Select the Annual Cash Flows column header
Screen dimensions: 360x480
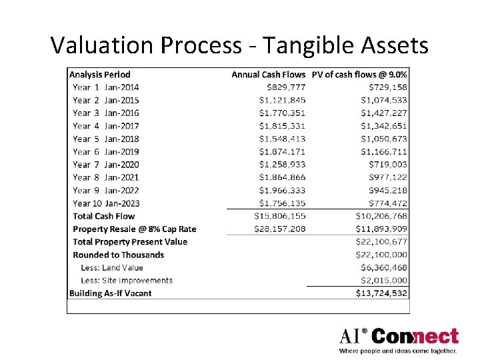(268, 75)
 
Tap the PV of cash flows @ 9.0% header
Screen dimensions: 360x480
(359, 75)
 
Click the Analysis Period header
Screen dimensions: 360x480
(100, 75)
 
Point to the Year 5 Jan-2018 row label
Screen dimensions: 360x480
(106, 139)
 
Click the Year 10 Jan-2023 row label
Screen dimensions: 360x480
(106, 203)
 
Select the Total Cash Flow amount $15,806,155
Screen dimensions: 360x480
(280, 216)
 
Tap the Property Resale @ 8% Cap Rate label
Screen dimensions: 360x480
(135, 229)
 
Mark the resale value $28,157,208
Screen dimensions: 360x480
(280, 229)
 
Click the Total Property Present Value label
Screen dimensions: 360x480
(130, 242)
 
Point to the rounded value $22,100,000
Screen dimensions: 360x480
(381, 255)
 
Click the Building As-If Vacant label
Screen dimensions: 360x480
(111, 293)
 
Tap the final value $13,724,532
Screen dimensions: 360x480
(381, 293)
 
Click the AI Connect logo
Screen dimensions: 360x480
(399, 336)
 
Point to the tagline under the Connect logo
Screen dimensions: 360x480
(398, 351)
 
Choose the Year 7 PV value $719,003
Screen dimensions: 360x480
(388, 165)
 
